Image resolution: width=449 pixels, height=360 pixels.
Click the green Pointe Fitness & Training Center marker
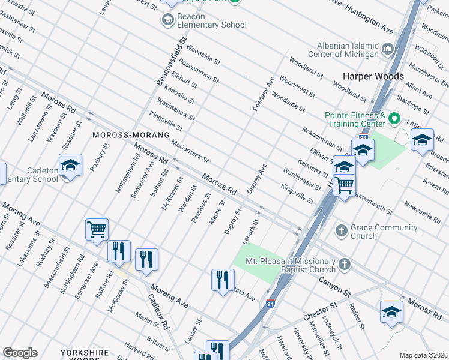click(394, 118)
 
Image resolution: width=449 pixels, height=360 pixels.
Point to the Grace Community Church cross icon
click(341, 231)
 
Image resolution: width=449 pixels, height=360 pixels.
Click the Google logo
click(20, 353)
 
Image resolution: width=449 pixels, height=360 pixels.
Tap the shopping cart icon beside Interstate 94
click(344, 185)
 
